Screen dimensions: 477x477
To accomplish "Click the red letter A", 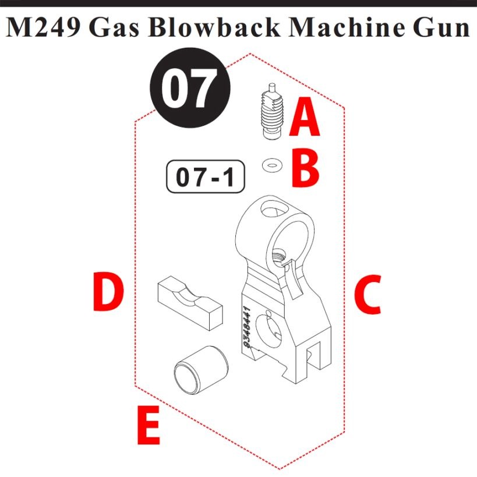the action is [x=304, y=116].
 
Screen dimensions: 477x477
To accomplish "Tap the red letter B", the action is [x=305, y=168].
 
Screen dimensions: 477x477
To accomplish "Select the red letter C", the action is [x=368, y=295].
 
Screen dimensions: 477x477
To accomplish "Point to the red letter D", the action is [x=108, y=291].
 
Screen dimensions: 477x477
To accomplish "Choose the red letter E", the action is [x=149, y=425].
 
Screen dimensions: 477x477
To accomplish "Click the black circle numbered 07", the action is [x=190, y=87].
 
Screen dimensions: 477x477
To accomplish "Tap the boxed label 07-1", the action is [x=206, y=176].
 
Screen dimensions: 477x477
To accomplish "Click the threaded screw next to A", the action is [x=272, y=112].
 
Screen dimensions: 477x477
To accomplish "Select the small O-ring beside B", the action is [x=272, y=166].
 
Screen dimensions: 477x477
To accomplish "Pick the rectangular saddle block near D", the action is [x=190, y=303].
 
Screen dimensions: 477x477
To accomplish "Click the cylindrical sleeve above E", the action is [x=201, y=368].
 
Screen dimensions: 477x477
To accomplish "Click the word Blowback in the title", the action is [x=214, y=28].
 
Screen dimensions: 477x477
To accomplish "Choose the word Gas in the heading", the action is [x=114, y=29].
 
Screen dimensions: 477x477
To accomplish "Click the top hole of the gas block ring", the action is [x=274, y=209].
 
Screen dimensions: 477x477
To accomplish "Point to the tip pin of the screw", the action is [x=272, y=88].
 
